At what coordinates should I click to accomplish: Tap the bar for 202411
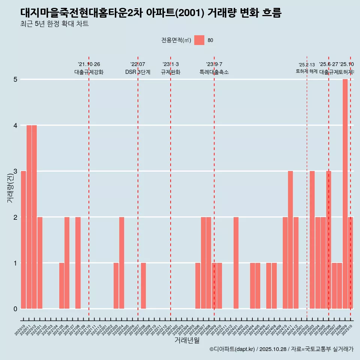click(290, 240)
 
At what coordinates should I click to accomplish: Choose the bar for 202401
click(236, 262)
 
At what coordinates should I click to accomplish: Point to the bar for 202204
click(121, 262)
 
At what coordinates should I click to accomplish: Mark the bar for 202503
click(312, 240)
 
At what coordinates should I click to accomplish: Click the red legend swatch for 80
click(199, 40)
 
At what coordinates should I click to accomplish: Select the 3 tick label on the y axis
click(15, 171)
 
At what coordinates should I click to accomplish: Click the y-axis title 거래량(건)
click(10, 188)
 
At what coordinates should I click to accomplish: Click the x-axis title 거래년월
click(187, 340)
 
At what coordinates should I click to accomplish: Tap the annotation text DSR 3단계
click(138, 72)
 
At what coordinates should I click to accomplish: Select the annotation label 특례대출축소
click(214, 72)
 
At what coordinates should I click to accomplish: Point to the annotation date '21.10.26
click(89, 64)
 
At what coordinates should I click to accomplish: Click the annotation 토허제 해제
click(306, 71)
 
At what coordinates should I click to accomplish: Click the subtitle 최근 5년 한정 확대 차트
click(54, 24)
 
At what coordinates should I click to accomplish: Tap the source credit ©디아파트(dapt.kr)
click(232, 349)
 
